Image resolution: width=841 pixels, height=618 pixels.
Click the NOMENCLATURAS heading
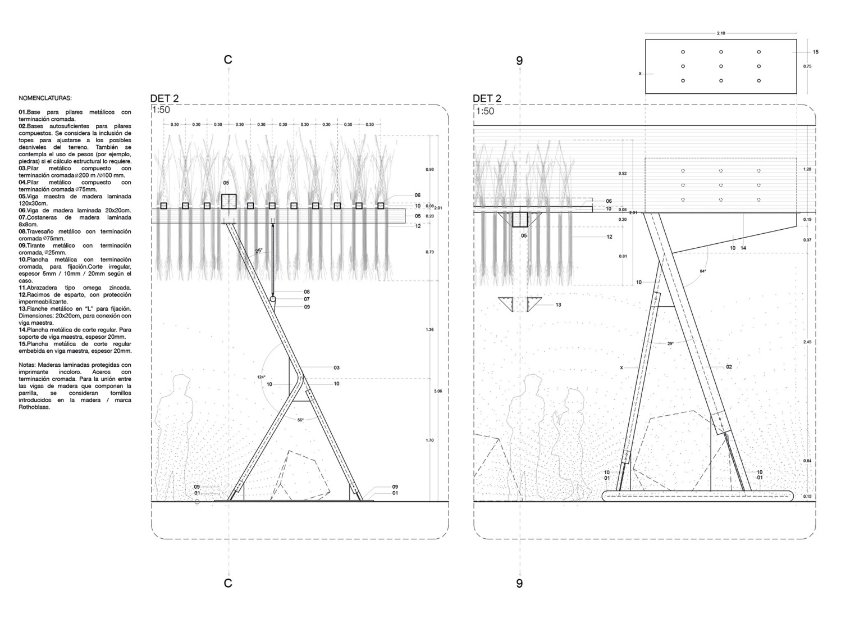[41, 98]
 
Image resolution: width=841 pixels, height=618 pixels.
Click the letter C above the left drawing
[228, 60]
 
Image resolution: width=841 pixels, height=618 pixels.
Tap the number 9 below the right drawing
[519, 583]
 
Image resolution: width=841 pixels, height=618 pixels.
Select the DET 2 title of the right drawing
[487, 99]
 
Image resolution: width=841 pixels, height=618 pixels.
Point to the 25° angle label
[259, 252]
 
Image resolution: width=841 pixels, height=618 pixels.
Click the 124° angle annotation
[262, 377]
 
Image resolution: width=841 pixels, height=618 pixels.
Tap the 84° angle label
[702, 271]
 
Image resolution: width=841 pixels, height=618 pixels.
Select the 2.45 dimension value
[807, 342]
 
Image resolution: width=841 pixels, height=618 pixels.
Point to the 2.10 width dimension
[721, 34]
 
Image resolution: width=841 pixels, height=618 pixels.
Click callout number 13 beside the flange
[558, 305]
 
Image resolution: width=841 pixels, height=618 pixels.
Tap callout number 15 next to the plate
[815, 52]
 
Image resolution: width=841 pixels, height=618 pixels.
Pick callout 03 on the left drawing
[336, 367]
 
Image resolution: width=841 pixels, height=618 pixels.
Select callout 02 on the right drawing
[729, 367]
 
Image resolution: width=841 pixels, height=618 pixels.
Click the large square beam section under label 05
[228, 202]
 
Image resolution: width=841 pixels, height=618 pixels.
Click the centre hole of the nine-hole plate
[721, 66]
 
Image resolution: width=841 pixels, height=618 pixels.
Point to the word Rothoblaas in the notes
[34, 407]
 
